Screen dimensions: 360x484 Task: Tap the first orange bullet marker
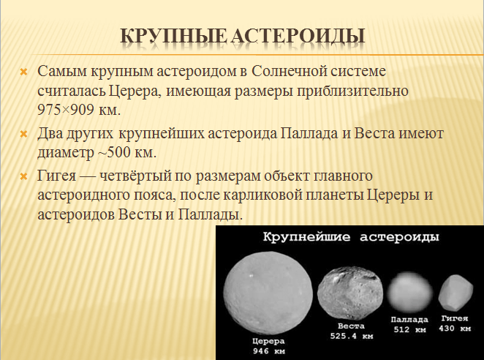(23, 73)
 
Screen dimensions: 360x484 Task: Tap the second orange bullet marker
(23, 135)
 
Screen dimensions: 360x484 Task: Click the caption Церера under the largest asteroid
(268, 342)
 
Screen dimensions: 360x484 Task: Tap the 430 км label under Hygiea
(455, 329)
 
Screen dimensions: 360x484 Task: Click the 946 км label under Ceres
(268, 351)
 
